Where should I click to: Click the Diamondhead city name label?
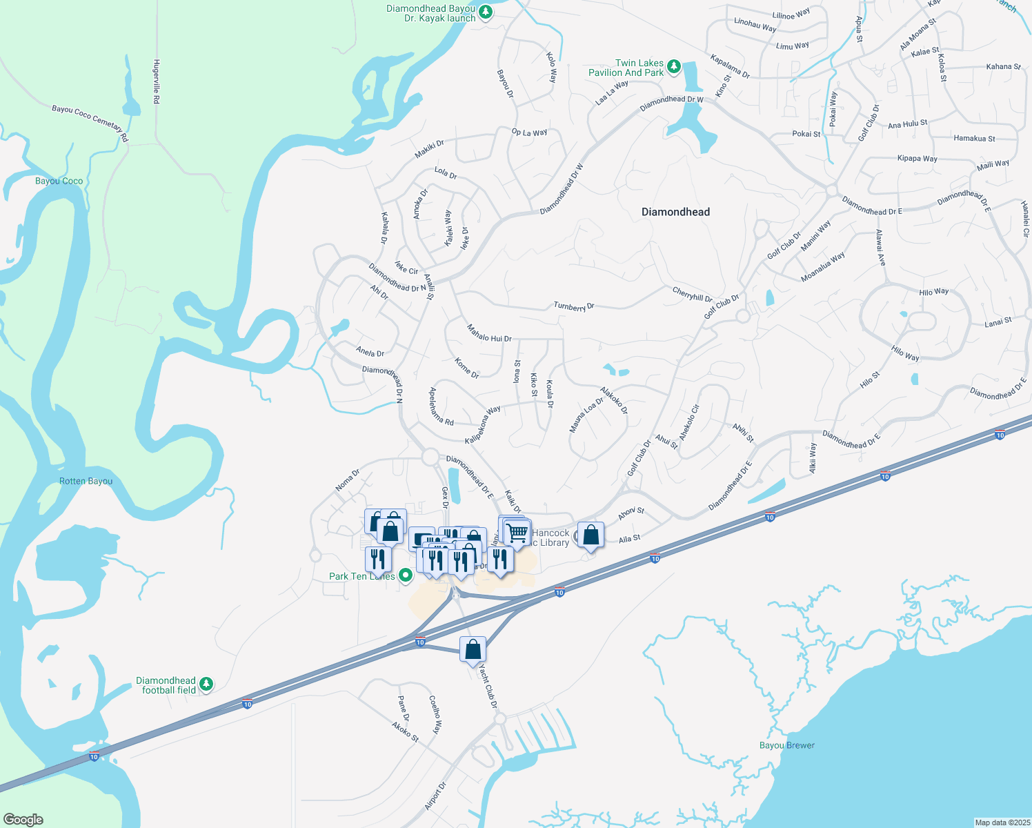675,212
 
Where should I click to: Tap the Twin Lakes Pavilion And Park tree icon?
674,67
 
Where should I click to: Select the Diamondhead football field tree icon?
206,684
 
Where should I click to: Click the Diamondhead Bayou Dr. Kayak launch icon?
486,12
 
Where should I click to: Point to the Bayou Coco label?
59,181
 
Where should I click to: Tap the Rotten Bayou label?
86,481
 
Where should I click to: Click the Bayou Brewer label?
786,745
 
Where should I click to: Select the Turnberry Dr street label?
573,306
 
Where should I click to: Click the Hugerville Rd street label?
157,81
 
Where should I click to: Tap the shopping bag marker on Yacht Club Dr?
473,649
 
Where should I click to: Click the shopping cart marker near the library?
517,532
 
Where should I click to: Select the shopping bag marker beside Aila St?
591,535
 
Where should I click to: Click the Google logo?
23,819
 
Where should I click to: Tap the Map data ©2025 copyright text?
1002,822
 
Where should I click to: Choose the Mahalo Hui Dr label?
489,333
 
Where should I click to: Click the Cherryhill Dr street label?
692,295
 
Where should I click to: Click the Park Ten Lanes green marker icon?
406,574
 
